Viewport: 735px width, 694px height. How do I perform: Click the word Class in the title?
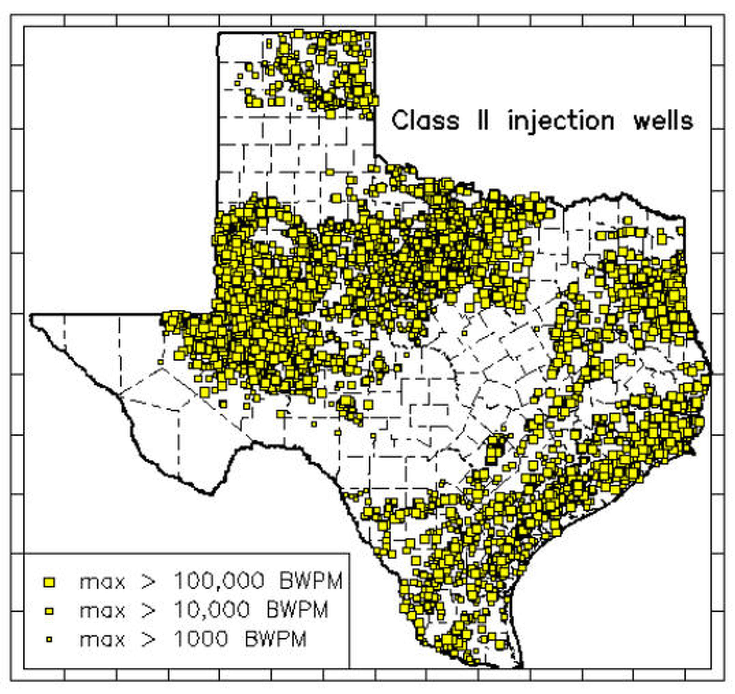[425, 121]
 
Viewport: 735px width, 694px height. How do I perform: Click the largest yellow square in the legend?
[49, 582]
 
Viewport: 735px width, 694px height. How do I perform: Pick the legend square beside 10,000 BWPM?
[49, 612]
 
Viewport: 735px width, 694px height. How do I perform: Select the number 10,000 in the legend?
[212, 610]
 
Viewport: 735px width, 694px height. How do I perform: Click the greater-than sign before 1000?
[148, 639]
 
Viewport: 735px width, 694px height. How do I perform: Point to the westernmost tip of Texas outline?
[31, 315]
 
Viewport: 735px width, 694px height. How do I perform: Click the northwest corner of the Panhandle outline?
[219, 33]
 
